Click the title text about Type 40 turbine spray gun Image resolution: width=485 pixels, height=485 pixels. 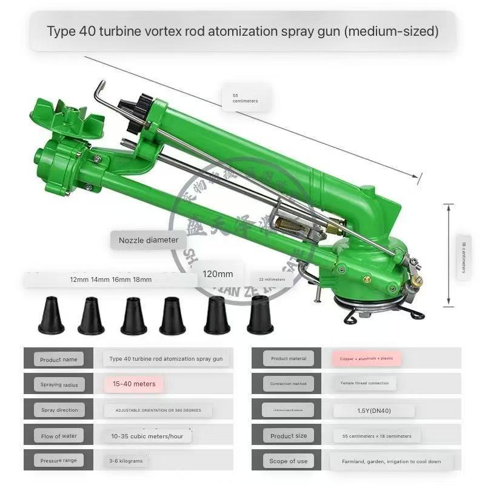(242, 31)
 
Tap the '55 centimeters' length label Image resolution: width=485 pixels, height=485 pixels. (245, 98)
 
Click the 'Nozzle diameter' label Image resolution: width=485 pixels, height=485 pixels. (149, 240)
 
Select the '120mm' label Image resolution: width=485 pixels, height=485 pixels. (218, 273)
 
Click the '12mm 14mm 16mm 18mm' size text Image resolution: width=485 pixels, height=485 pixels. (110, 279)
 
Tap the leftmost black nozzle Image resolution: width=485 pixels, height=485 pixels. (51, 316)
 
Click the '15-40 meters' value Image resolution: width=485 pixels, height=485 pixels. (133, 384)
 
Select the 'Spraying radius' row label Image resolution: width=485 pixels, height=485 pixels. (59, 384)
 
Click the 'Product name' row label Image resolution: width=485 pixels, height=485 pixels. (59, 359)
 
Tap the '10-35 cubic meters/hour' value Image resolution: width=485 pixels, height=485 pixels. (147, 435)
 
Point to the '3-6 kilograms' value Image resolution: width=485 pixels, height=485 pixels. (126, 461)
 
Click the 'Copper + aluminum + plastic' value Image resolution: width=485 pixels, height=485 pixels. (366, 358)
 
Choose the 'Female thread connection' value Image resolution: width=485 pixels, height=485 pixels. (364, 384)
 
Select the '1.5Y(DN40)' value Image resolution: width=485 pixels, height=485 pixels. (373, 410)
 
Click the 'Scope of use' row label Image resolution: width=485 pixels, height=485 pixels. (289, 461)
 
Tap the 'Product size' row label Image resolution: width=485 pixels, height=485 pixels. (289, 435)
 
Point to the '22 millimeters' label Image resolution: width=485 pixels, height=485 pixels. (272, 279)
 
